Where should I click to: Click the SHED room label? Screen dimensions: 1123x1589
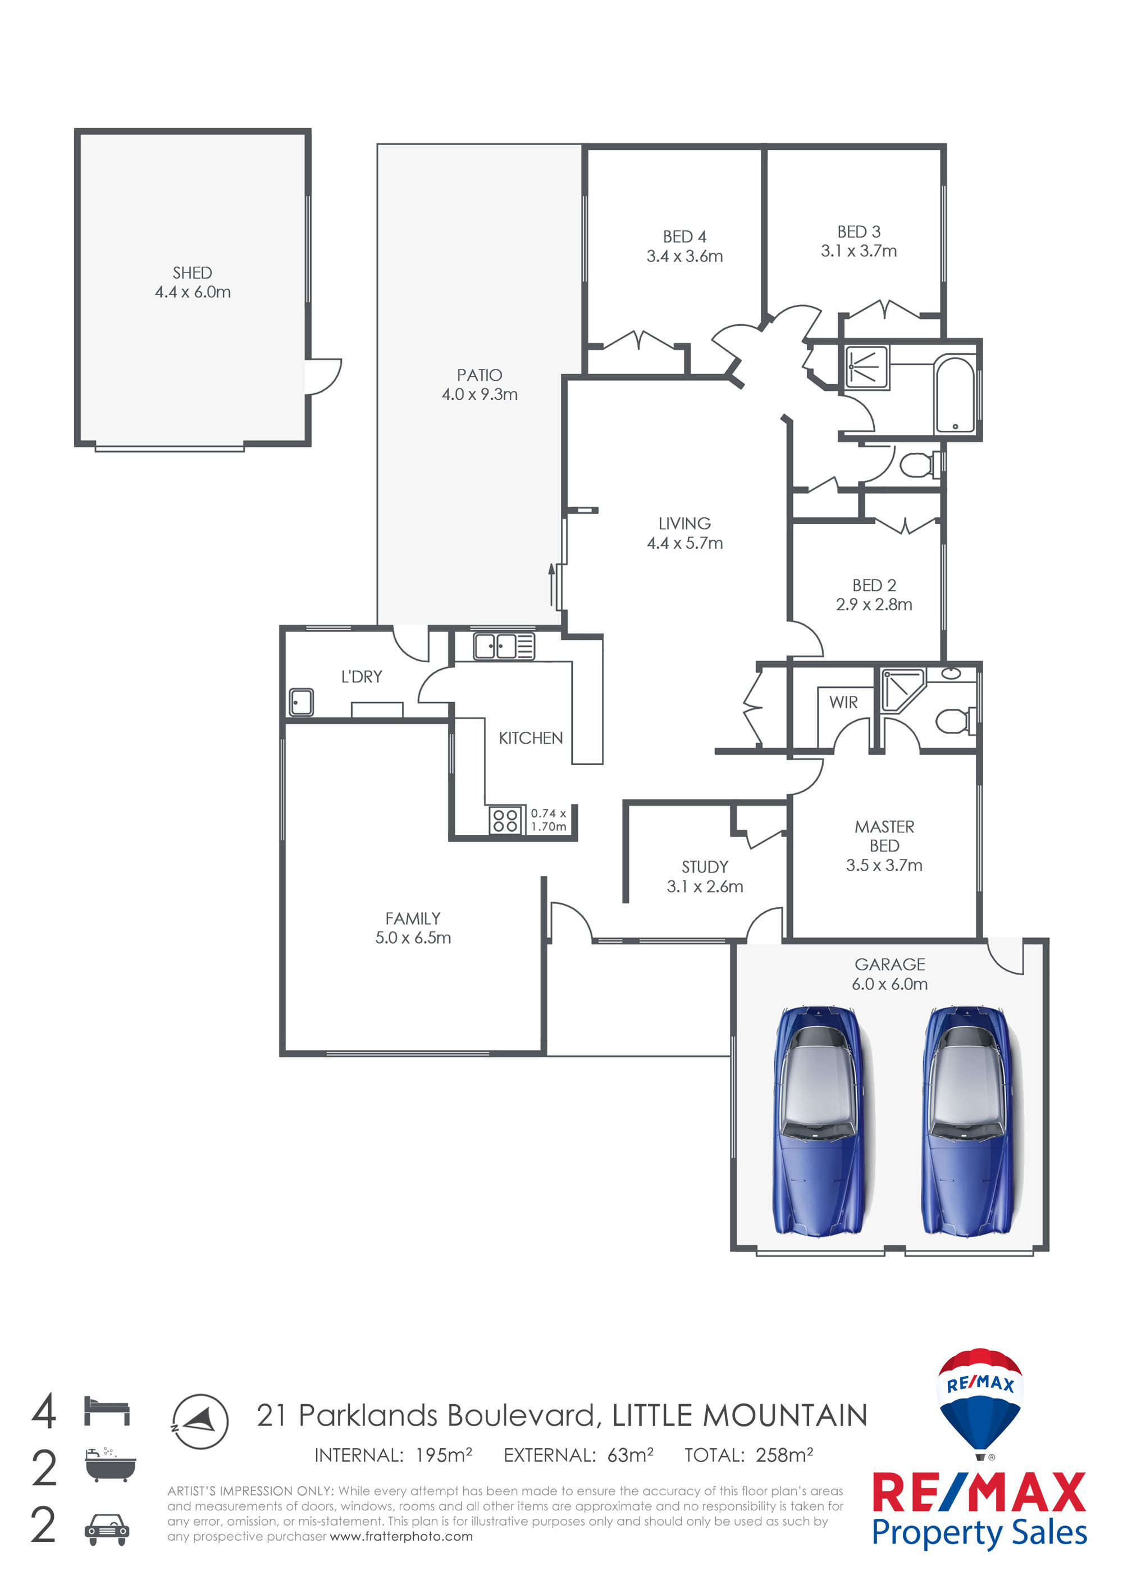coord(193,272)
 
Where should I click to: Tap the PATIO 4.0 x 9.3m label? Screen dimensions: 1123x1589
coord(480,385)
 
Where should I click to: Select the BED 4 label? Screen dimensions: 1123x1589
coord(684,236)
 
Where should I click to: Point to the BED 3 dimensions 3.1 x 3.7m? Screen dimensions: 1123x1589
coord(859,251)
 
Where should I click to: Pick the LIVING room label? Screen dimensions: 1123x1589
coord(684,524)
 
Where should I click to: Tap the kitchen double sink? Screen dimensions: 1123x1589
coord(504,646)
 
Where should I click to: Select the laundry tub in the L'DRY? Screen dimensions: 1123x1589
coord(301,703)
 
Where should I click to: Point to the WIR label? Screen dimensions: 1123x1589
coord(843,703)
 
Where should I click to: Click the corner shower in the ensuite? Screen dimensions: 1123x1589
coord(902,689)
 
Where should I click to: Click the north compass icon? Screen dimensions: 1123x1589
coord(200,1422)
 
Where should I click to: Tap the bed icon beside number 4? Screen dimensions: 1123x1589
coord(107,1411)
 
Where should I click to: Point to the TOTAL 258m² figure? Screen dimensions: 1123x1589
coord(748,1455)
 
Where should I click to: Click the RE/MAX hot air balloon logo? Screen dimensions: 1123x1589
coord(980,1401)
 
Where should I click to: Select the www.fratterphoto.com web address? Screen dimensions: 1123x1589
coord(401,1536)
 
